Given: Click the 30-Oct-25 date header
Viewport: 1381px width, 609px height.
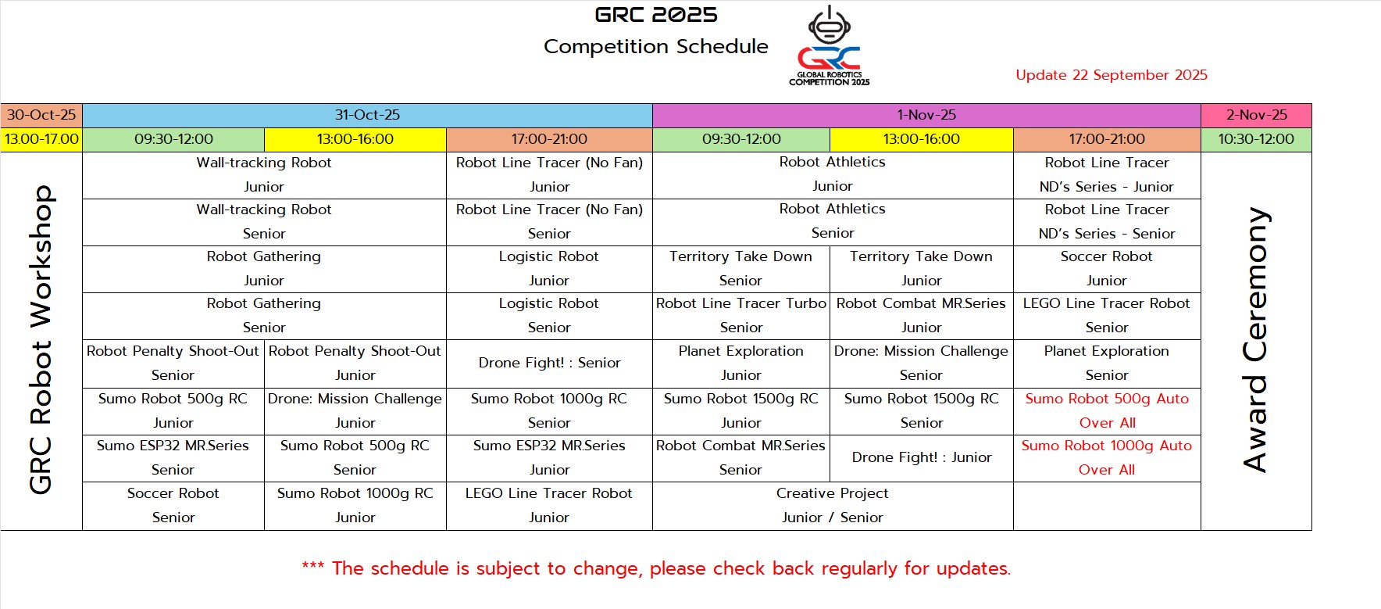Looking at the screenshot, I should [x=41, y=115].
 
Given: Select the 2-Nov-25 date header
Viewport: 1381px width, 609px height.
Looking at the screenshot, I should [x=1256, y=115].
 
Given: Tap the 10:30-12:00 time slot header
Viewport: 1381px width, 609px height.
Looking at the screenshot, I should [x=1256, y=139].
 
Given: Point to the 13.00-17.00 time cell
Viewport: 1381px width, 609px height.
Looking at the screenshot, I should [x=41, y=139].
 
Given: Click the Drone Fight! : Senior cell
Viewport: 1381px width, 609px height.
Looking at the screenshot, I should [x=549, y=363].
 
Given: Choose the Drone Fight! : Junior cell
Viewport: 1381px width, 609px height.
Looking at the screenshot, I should [x=922, y=457].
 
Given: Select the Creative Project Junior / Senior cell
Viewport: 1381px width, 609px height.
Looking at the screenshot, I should [x=833, y=505].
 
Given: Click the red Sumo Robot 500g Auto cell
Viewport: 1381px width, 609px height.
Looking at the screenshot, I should [x=1107, y=410].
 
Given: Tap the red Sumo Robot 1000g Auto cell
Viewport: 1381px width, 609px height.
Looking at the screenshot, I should [x=1107, y=457].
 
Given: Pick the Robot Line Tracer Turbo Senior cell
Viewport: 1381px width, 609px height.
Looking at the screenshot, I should [x=741, y=315].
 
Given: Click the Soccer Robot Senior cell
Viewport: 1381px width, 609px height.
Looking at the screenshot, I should [x=173, y=505].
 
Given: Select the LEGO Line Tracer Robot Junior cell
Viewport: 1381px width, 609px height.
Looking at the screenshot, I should [x=549, y=505].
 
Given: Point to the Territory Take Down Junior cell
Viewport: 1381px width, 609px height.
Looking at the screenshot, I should [x=922, y=268].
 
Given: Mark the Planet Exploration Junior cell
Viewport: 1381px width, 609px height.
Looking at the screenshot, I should [x=741, y=363].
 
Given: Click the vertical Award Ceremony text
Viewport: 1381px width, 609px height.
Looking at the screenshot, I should [x=1255, y=340].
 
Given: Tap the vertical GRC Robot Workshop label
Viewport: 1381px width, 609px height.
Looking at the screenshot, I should [x=41, y=340].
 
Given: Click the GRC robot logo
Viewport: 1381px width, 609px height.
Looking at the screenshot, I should [x=830, y=45].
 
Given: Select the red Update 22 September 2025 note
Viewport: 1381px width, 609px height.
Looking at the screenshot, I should [x=1112, y=75].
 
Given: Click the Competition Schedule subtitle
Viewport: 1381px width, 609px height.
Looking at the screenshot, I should [x=655, y=47].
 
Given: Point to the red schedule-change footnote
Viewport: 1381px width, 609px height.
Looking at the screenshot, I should [x=656, y=568].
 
